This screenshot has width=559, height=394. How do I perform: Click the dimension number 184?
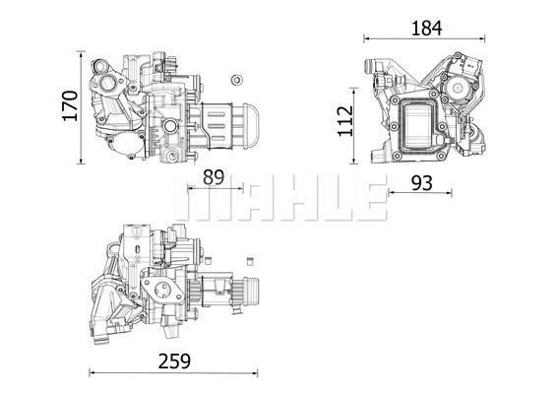pos(426,28)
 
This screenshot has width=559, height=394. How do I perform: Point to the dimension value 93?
pos(420,182)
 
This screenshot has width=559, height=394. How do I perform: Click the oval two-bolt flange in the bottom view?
pos(159,288)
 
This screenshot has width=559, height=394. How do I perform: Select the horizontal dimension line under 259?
pos(173,372)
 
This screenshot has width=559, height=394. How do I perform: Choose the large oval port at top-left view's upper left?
pos(101,73)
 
